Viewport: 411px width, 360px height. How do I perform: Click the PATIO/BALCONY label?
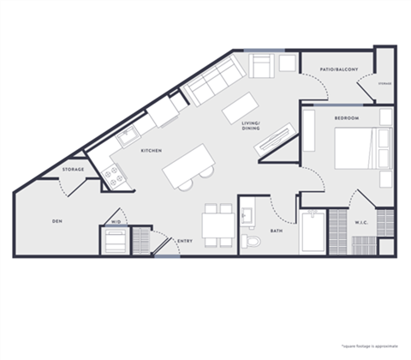point(339,69)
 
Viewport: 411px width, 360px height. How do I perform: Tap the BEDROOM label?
point(347,117)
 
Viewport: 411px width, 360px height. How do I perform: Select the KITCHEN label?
point(152,151)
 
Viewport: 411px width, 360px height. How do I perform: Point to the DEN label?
point(57,221)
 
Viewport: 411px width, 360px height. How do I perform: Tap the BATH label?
point(277,230)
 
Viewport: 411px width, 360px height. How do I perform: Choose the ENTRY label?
point(185,241)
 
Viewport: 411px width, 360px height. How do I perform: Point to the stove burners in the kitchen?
point(113,177)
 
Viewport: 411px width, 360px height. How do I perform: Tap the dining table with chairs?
point(217,225)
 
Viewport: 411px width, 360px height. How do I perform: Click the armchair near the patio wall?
point(263,65)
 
